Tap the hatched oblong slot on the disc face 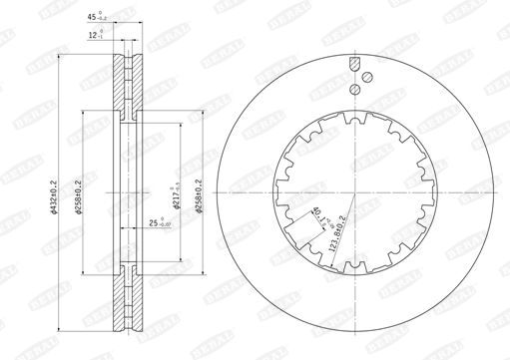point(353,66)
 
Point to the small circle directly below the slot point(354,89)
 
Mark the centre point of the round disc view point(354,192)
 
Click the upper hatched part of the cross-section point(125,90)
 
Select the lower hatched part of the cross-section point(125,295)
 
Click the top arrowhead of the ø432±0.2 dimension point(61,57)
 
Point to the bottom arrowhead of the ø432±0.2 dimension point(61,326)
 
